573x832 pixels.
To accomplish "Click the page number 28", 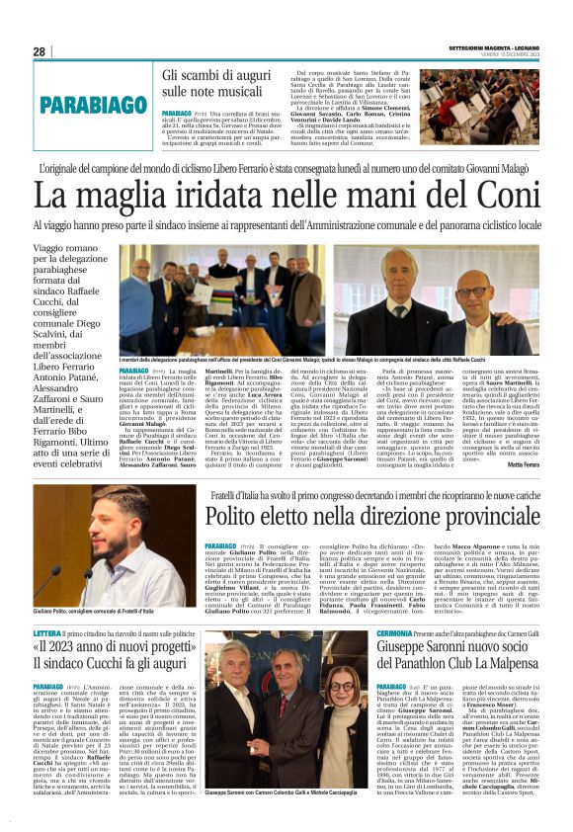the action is click(39, 51).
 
